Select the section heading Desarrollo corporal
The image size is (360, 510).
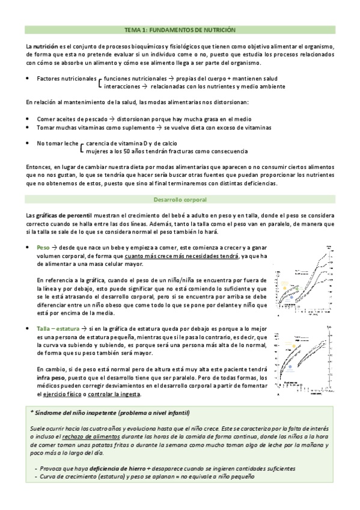(180, 199)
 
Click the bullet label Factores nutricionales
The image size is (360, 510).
(66, 79)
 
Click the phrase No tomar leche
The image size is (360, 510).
(58, 144)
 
